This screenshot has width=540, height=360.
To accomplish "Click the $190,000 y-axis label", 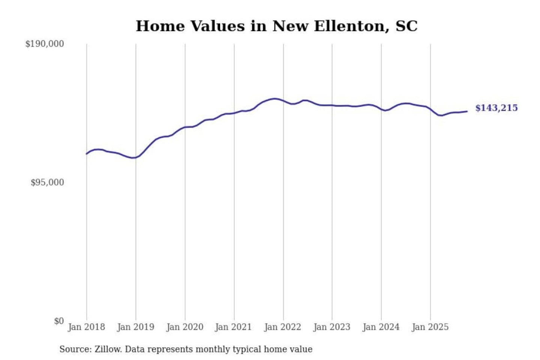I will [x=45, y=44].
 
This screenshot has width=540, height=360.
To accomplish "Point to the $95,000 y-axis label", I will [x=47, y=183].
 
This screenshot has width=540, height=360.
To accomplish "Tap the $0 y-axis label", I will [x=59, y=321].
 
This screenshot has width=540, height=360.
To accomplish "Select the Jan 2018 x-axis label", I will [x=86, y=327].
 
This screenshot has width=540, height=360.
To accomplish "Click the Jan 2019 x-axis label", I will [x=135, y=327].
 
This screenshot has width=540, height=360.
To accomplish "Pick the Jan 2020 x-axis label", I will [x=184, y=327].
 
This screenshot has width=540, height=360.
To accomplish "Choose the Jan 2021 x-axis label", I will [x=233, y=327].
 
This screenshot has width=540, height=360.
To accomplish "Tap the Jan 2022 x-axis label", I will [x=282, y=327].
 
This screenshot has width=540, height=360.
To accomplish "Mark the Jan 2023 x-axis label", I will [x=331, y=327].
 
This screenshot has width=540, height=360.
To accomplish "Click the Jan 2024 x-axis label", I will [x=381, y=327].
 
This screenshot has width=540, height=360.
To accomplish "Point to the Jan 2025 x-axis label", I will [x=430, y=327].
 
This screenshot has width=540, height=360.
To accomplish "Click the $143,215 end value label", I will [x=496, y=108].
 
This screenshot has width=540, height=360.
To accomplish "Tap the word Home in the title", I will [x=160, y=26].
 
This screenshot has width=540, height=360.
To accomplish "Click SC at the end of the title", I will [x=406, y=26].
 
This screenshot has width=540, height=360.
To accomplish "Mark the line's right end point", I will [x=467, y=111].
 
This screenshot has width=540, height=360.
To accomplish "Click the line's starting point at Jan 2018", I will [x=87, y=154].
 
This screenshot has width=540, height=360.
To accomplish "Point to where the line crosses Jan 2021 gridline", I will [x=234, y=113].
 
